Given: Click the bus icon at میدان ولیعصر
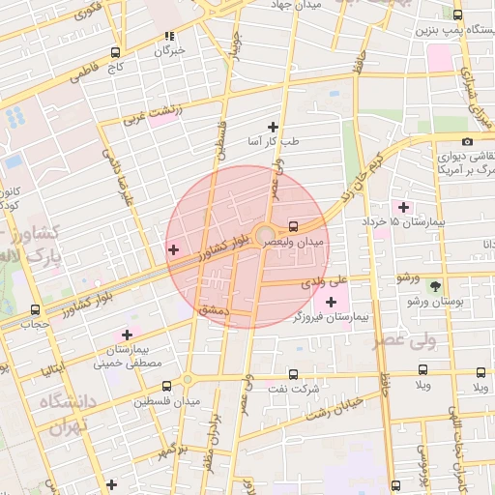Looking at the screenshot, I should click(x=294, y=227).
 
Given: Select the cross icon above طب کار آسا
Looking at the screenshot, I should click(x=273, y=127).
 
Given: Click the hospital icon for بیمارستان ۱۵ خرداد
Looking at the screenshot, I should click(x=403, y=207).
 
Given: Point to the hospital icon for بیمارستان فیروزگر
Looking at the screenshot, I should click(x=332, y=303).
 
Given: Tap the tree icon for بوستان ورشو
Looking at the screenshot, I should click(x=434, y=286).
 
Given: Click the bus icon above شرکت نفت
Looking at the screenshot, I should click(x=294, y=374).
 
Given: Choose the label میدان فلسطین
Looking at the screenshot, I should click(x=174, y=400).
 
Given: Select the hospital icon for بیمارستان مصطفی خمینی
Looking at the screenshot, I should click(x=127, y=335).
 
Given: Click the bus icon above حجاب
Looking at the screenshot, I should click(x=36, y=310).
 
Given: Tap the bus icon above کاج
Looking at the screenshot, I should click(x=116, y=53).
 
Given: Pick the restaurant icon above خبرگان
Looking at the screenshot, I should click(x=170, y=36).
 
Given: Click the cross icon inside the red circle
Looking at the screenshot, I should click(x=173, y=250).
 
